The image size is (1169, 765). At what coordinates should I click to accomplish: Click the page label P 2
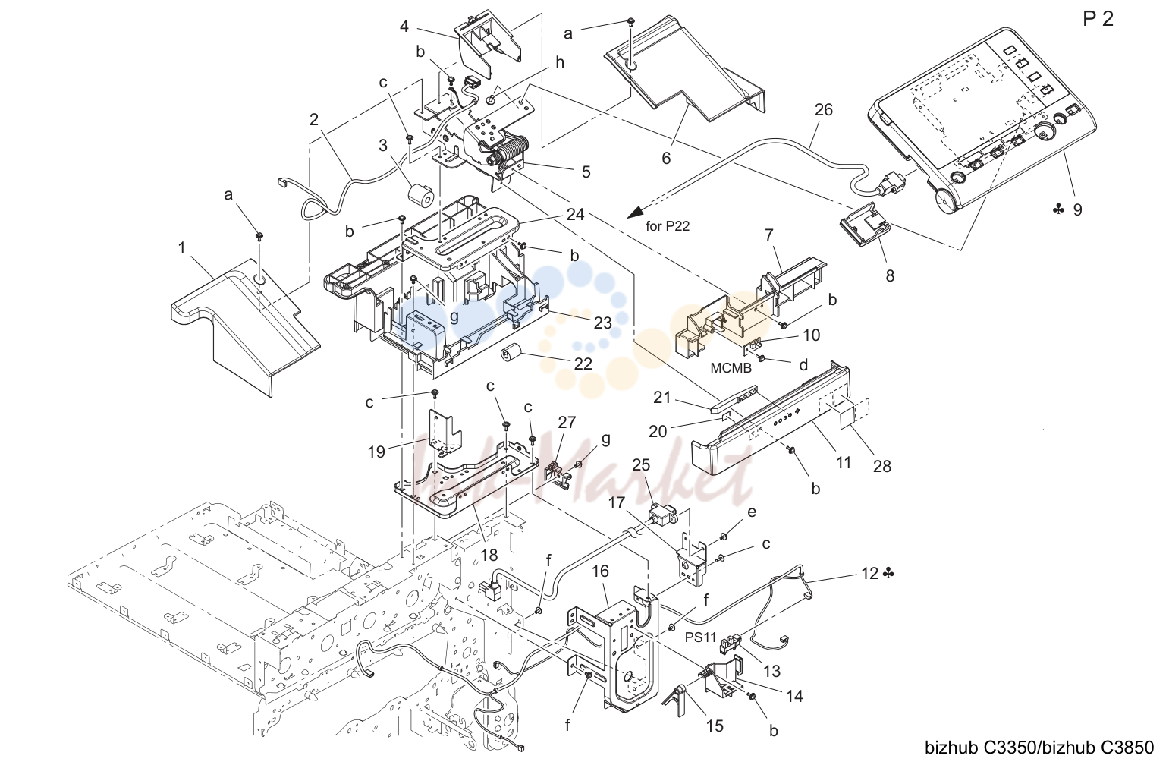[x=1098, y=19]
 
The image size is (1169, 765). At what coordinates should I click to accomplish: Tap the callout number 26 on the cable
[x=824, y=109]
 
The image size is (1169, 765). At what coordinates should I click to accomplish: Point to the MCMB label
[x=731, y=368]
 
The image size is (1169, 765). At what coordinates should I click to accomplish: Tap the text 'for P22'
[x=668, y=226]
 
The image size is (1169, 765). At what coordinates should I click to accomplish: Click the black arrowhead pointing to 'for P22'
[x=636, y=212]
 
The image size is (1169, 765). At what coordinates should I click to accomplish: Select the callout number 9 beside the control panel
[x=1078, y=210]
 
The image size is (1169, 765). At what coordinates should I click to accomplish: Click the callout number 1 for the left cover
[x=181, y=248]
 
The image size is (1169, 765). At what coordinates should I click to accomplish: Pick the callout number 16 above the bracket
[x=600, y=571]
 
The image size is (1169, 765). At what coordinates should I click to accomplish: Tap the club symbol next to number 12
[x=888, y=573]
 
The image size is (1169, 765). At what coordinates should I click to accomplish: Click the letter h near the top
[x=560, y=63]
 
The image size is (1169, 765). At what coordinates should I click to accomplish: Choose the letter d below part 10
[x=803, y=364]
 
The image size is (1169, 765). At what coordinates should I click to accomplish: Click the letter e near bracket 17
[x=752, y=512]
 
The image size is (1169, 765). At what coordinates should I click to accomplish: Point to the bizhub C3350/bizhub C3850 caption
[x=1039, y=748]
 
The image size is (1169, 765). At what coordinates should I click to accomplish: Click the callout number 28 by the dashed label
[x=882, y=466]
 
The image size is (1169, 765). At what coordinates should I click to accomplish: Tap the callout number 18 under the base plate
[x=489, y=555]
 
